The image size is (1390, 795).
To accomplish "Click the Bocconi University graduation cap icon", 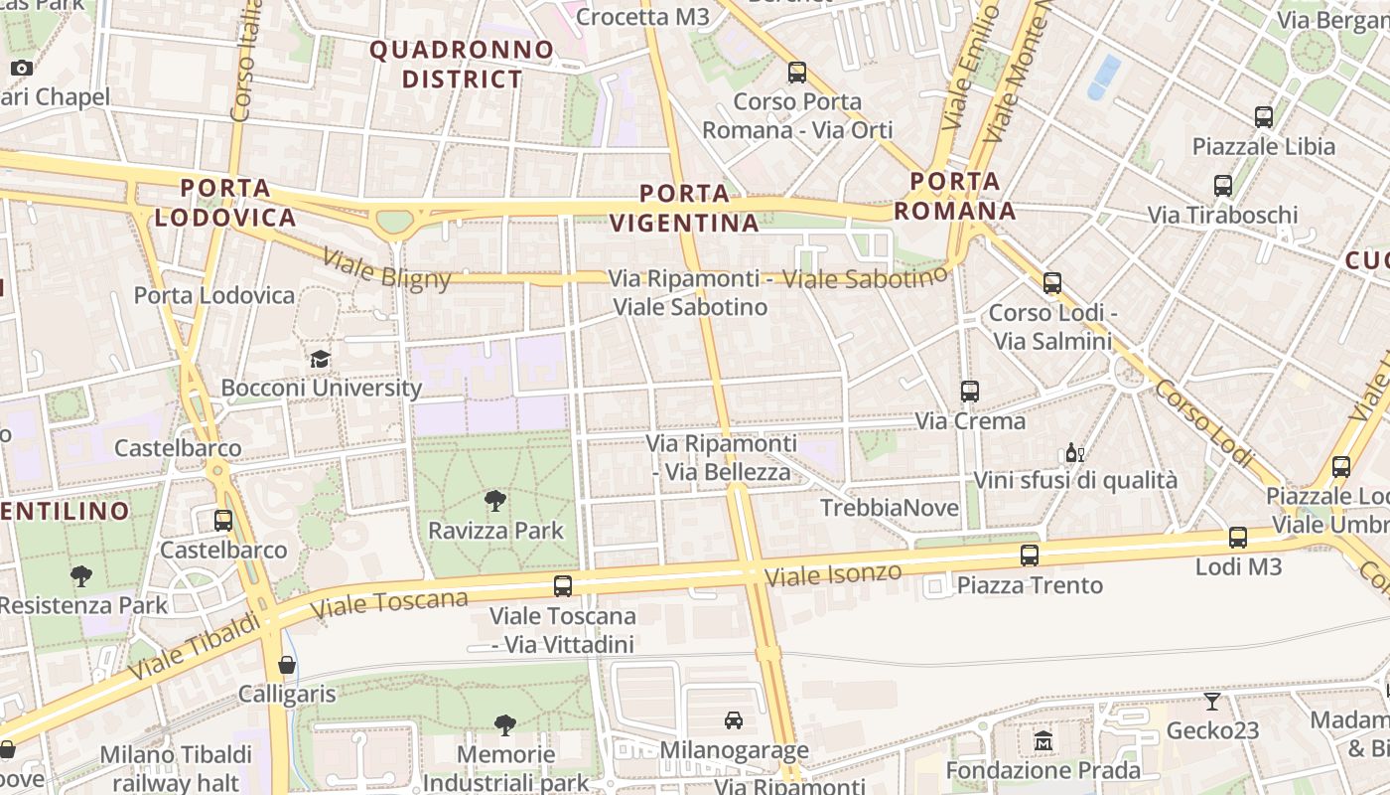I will click(x=320, y=359).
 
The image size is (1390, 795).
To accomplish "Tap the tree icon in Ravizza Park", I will click(x=494, y=500).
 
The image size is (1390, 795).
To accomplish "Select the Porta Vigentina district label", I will click(x=685, y=208).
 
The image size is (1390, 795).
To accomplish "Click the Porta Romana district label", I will click(x=955, y=196).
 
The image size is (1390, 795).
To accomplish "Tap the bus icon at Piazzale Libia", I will click(x=1264, y=117).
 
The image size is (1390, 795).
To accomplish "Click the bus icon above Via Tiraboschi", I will click(x=1223, y=186).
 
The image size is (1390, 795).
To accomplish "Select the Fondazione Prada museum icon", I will click(x=1042, y=741).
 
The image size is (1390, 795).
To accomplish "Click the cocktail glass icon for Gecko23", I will click(x=1211, y=702).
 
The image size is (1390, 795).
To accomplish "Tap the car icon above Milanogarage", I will click(x=734, y=720).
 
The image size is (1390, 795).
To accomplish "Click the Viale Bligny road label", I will click(x=386, y=267).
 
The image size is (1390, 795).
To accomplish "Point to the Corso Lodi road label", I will click(x=1204, y=422).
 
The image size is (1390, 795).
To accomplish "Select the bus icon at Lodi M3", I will click(x=1238, y=538).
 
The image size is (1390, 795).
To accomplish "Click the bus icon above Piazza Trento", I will click(x=1030, y=556).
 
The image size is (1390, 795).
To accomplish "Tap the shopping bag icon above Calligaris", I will click(x=287, y=664).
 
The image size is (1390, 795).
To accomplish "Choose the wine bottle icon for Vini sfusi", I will click(x=1074, y=453).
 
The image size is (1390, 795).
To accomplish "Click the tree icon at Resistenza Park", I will click(x=81, y=575).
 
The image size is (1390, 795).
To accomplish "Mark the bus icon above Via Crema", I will click(x=970, y=392).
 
